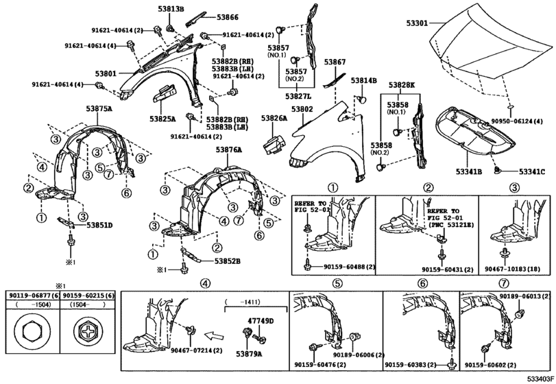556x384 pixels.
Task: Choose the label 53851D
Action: (99, 224)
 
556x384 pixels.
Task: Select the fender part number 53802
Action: (302, 110)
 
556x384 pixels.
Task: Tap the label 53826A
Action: (274, 119)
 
